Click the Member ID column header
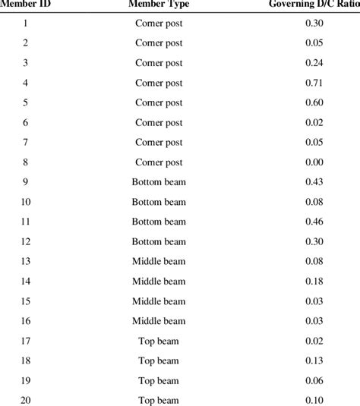[25, 5]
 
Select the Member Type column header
[159, 5]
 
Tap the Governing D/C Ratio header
[312, 5]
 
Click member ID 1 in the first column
[26, 24]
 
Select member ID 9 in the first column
[26, 181]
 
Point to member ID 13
[26, 261]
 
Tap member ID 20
[26, 400]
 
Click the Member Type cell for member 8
[159, 162]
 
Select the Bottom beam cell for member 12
[159, 241]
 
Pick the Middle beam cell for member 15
[159, 301]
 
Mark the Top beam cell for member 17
[159, 341]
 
